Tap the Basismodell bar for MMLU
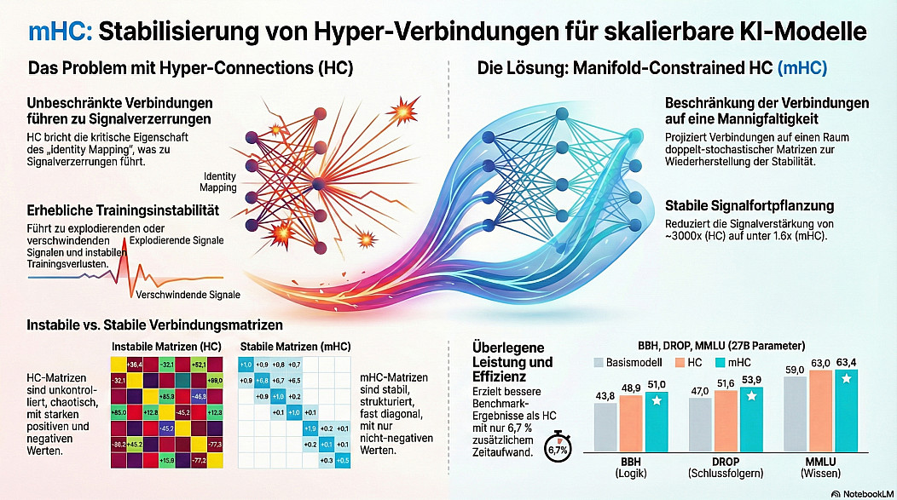click(x=796, y=412)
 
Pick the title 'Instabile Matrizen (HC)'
click(x=167, y=347)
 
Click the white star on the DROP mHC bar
click(x=752, y=397)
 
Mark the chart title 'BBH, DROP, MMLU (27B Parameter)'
click(x=720, y=346)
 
